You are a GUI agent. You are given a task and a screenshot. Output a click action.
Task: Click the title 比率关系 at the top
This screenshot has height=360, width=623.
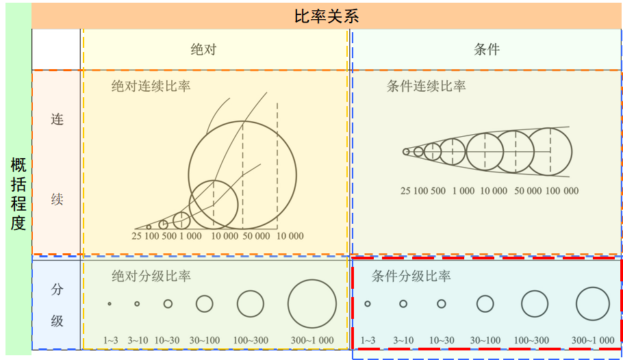tap(327, 16)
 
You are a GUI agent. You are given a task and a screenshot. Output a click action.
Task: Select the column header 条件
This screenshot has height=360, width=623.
tap(487, 49)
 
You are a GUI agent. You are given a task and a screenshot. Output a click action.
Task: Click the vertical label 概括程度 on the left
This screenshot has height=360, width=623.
tap(18, 194)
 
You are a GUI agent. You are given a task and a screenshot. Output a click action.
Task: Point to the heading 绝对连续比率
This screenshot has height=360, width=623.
tap(151, 87)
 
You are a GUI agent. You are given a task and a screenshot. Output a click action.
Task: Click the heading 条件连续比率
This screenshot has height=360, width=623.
tap(426, 86)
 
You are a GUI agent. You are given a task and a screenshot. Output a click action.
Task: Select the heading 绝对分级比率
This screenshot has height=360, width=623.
tap(151, 277)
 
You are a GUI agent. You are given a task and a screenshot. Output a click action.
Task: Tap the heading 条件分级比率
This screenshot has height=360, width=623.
tap(411, 277)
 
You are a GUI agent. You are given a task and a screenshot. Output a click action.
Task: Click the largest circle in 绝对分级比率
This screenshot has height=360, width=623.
tap(312, 304)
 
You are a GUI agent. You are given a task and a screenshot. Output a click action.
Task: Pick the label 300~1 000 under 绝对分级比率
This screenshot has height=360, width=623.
tap(312, 340)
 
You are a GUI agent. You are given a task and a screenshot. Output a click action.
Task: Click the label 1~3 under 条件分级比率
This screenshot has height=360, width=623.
tap(368, 340)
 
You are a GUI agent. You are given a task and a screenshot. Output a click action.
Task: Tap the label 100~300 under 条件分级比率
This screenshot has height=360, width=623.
tap(531, 340)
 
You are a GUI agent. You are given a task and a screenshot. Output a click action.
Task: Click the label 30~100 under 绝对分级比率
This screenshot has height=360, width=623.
tap(205, 340)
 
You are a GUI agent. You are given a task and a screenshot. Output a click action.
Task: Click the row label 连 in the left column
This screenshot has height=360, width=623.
tap(57, 119)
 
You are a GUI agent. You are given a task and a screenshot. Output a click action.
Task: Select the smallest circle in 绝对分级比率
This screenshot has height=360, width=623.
tap(110, 304)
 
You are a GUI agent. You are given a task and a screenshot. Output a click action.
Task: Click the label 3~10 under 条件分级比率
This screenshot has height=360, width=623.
tap(403, 340)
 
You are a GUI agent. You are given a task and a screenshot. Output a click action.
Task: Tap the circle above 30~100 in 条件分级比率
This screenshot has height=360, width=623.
tap(485, 304)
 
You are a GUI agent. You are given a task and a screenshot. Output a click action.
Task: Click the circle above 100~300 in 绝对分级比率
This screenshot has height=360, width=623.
tap(251, 304)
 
